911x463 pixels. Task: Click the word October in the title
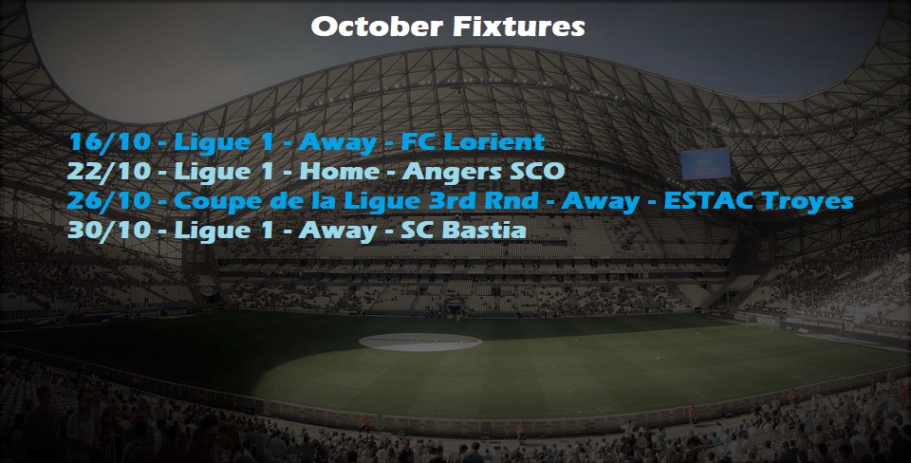(x=376, y=27)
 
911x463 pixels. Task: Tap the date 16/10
(x=109, y=142)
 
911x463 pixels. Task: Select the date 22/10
(x=109, y=172)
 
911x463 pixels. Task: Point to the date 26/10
(x=109, y=201)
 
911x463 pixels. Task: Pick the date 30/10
(x=109, y=231)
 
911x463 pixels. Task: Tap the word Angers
(x=449, y=173)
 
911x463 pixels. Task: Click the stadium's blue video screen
(x=705, y=163)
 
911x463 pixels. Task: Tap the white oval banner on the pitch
(x=420, y=343)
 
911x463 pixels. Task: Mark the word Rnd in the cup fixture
(x=514, y=201)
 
